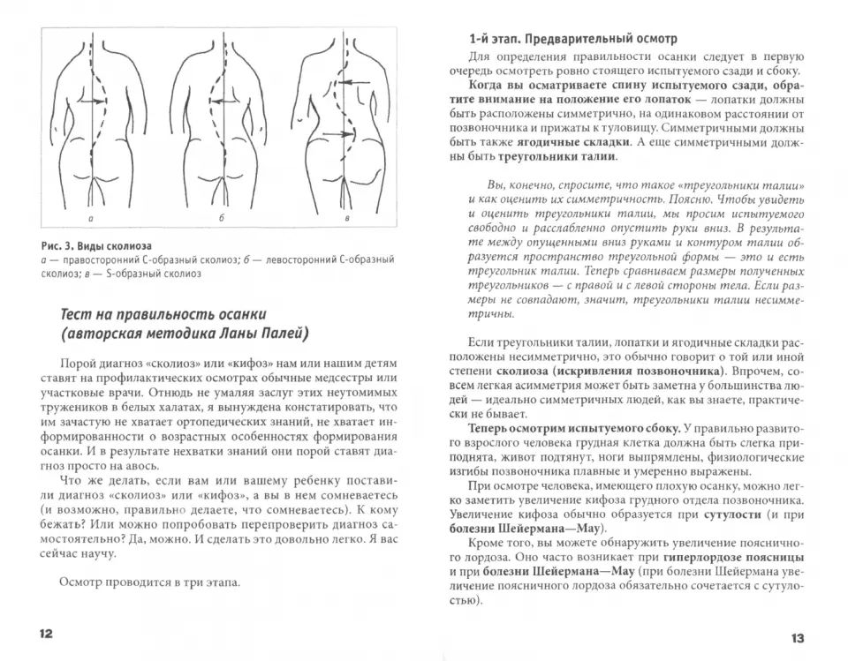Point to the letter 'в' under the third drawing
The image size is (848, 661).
pyautogui.click(x=347, y=217)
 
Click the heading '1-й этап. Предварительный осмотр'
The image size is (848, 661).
pyautogui.click(x=573, y=39)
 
